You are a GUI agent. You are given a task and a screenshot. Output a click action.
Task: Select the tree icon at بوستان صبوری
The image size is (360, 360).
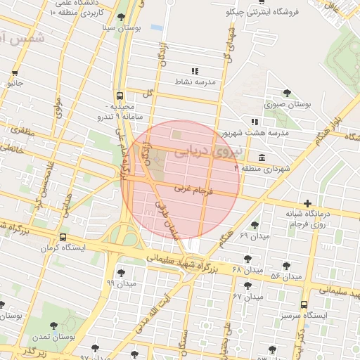click(287, 94)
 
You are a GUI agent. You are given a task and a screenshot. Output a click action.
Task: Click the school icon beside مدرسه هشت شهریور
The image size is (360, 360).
click(255, 122)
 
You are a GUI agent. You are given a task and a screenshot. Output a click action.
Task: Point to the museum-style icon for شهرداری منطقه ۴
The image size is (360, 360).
click(262, 156)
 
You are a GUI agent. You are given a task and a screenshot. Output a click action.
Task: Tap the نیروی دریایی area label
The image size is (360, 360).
click(208, 150)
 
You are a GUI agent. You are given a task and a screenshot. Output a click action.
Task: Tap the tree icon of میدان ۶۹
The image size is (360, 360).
click(255, 225)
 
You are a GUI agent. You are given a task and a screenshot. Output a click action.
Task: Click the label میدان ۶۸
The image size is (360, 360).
click(247, 270)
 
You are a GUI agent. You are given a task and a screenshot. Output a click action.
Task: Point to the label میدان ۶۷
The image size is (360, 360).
click(247, 297)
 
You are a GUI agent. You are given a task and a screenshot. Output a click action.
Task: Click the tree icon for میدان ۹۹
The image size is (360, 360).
click(122, 272)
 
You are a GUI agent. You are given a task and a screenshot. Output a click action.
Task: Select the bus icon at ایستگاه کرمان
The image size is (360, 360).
click(64, 237)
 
